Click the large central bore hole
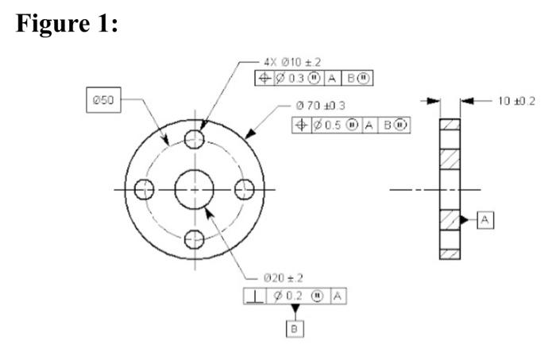[194, 190]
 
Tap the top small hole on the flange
[194, 140]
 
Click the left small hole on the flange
[144, 190]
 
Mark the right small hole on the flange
[244, 190]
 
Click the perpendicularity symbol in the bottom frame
[253, 296]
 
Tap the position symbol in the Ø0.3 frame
[265, 78]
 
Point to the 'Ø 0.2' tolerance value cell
[290, 296]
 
